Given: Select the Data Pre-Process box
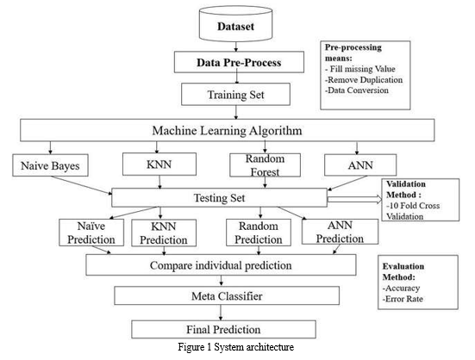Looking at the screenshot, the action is [239, 62].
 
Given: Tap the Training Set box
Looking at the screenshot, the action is [235, 95].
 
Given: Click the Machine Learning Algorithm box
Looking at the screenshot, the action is [228, 130].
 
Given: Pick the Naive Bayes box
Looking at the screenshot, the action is [50, 165].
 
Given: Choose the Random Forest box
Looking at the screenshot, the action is [265, 165].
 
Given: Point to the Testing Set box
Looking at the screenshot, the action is [219, 197].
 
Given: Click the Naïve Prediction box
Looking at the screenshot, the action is [91, 233].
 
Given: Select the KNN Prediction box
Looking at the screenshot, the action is [164, 233].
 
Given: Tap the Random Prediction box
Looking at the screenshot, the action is [259, 233].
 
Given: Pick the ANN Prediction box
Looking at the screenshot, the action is [340, 232].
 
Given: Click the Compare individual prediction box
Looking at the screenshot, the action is [221, 265].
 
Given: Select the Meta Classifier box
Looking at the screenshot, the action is [227, 295].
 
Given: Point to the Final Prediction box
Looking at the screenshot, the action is [223, 329].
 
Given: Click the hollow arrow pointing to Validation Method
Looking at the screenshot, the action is [354, 199].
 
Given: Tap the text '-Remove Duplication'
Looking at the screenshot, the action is [364, 80].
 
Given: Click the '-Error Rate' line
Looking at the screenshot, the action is [403, 299].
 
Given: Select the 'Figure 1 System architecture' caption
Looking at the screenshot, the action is [235, 347].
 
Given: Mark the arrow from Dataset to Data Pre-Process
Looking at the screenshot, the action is [236, 46].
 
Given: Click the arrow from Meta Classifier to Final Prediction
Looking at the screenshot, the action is [221, 313].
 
